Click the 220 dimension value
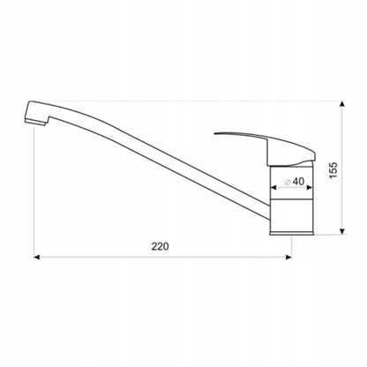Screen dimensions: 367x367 160,246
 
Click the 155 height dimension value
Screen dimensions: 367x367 333,170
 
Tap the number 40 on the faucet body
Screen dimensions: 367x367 298,182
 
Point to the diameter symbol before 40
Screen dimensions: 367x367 288,182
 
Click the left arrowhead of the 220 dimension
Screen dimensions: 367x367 36,258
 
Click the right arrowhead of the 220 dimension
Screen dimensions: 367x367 288,258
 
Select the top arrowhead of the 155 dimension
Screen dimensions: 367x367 342,104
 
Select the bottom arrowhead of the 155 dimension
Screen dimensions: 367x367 342,231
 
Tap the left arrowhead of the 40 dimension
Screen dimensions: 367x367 273,187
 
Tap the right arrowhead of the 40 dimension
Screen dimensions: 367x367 310,187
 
